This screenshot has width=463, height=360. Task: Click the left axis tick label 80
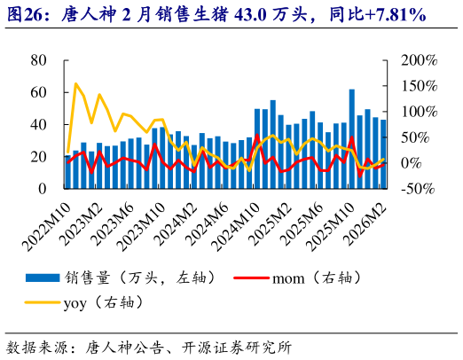click(38, 60)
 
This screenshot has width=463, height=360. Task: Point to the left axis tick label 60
click(38, 92)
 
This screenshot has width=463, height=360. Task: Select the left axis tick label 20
click(38, 157)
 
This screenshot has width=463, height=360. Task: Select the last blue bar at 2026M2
click(383, 154)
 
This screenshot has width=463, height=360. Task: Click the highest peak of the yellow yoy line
click(75, 84)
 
